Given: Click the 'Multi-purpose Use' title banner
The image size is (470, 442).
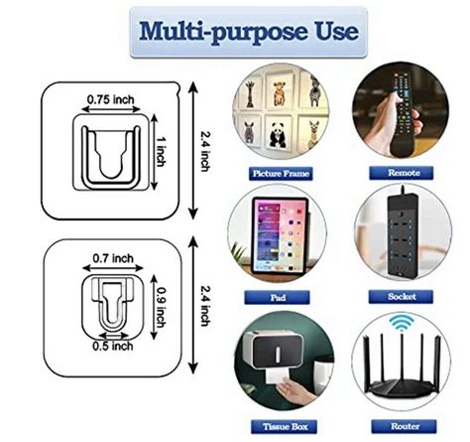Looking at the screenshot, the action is pyautogui.click(x=249, y=32).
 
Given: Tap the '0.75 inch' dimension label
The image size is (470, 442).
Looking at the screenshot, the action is pyautogui.click(x=111, y=99).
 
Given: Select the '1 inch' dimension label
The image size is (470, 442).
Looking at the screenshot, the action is pyautogui.click(x=161, y=151).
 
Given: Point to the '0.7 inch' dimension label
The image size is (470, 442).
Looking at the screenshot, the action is pyautogui.click(x=113, y=258).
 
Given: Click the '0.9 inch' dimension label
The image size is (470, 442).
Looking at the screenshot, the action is pyautogui.click(x=161, y=307).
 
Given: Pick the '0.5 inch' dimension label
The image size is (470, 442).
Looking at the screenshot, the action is pyautogui.click(x=113, y=346).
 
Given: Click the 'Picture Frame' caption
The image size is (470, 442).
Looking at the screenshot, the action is pyautogui.click(x=281, y=174).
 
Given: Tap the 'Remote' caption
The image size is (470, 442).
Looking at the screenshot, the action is pyautogui.click(x=401, y=173).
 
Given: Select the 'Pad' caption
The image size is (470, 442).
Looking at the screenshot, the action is pyautogui.click(x=278, y=297).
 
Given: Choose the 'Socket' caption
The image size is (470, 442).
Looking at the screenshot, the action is pyautogui.click(x=401, y=297).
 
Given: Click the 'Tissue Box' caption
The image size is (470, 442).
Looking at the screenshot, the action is pyautogui.click(x=284, y=426).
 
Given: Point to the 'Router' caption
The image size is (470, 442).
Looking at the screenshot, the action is pyautogui.click(x=404, y=426).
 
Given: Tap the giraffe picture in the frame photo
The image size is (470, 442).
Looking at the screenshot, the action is pyautogui.click(x=250, y=94).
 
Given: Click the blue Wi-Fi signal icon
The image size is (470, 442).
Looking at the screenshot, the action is pyautogui.click(x=402, y=323).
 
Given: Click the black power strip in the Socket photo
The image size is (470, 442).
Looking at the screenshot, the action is pyautogui.click(x=403, y=234).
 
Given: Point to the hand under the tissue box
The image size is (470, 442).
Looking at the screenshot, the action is pyautogui.click(x=294, y=389).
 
